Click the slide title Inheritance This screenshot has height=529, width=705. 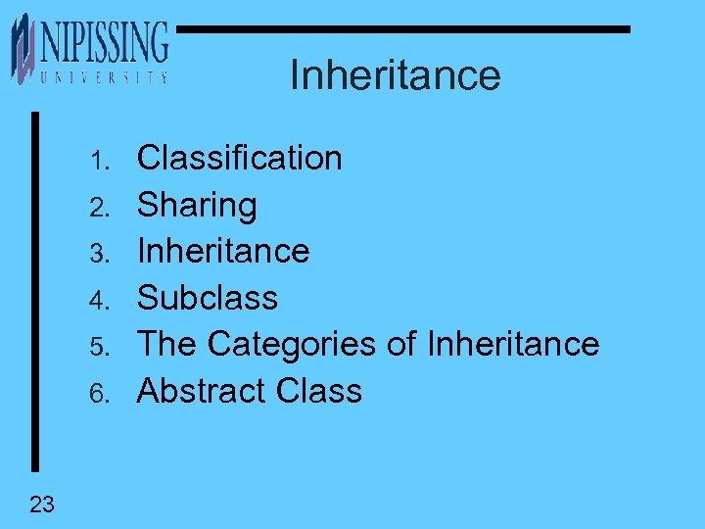pyautogui.click(x=395, y=74)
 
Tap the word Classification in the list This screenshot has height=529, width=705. pyautogui.click(x=239, y=158)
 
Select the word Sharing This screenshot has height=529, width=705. pyautogui.click(x=197, y=205)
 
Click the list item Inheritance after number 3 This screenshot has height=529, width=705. pyautogui.click(x=223, y=251)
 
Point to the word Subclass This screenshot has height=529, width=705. pyautogui.click(x=208, y=298)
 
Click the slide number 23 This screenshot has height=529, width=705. pyautogui.click(x=42, y=505)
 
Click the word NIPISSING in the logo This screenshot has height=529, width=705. pyautogui.click(x=104, y=42)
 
